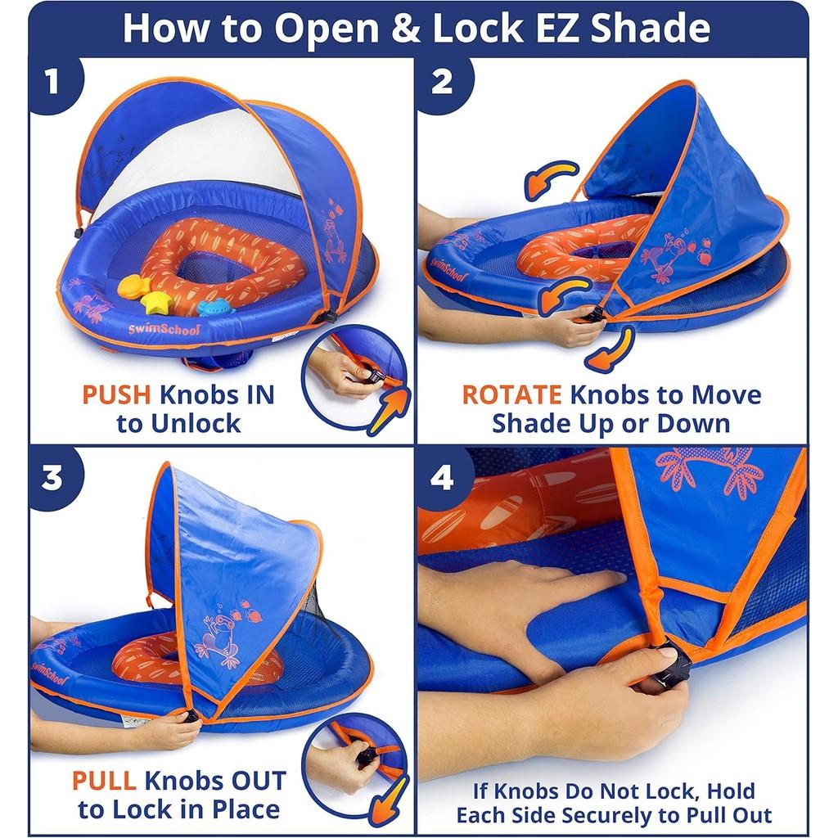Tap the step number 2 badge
coord(443,83)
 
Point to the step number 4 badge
coord(443,477)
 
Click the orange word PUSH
coord(116,395)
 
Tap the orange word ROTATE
coord(511,395)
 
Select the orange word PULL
coord(104,781)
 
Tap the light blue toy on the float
coord(215,308)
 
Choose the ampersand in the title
coord(406,29)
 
